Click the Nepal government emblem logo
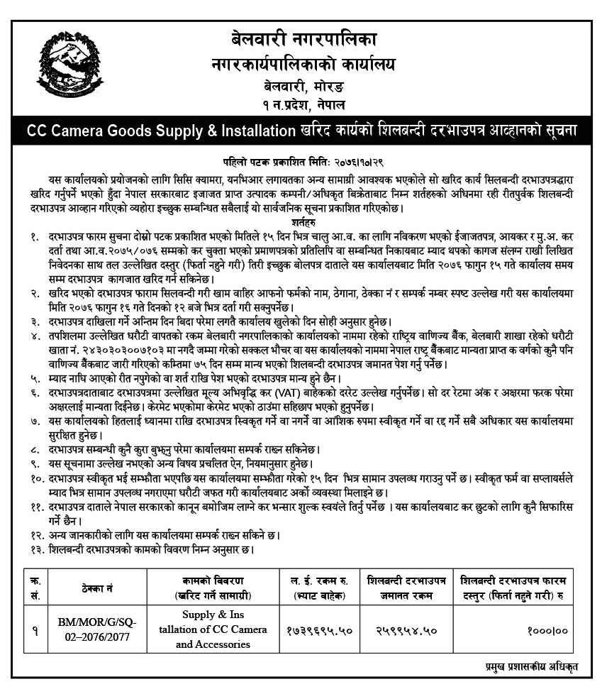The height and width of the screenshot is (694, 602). [x=69, y=65]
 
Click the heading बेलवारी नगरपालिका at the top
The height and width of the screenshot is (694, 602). [x=301, y=40]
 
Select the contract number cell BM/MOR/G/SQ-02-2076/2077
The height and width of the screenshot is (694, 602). [x=97, y=629]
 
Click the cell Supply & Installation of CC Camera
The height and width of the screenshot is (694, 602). [x=213, y=629]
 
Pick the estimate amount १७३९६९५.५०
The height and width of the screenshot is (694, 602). [x=318, y=629]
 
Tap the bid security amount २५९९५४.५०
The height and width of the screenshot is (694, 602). [x=406, y=629]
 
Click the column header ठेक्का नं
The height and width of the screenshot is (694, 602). [x=97, y=588]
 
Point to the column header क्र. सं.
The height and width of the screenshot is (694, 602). [x=35, y=587]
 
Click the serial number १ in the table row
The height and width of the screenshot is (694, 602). [x=35, y=629]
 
